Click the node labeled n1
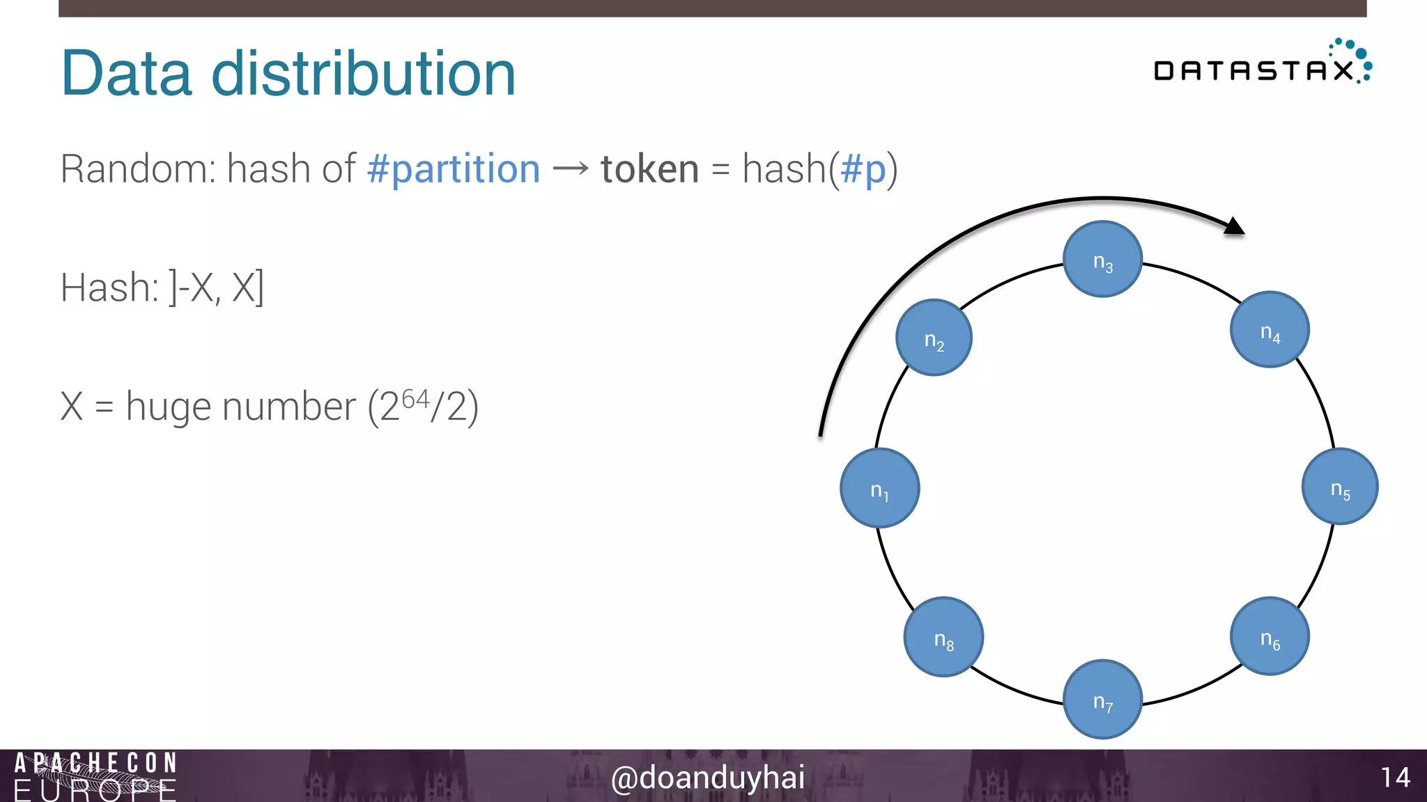pyautogui.click(x=879, y=488)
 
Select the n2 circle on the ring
pyautogui.click(x=934, y=338)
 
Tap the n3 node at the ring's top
pyautogui.click(x=1102, y=259)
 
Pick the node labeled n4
pyautogui.click(x=1270, y=329)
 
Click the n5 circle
pyautogui.click(x=1340, y=487)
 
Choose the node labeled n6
pyautogui.click(x=1270, y=636)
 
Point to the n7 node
pyautogui.click(x=1102, y=699)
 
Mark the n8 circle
pyautogui.click(x=943, y=636)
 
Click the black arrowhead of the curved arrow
pyautogui.click(x=1235, y=226)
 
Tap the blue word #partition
pyautogui.click(x=454, y=169)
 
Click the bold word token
pyautogui.click(x=649, y=169)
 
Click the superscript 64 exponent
pyautogui.click(x=415, y=399)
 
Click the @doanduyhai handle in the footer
pyautogui.click(x=707, y=777)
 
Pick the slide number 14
pyautogui.click(x=1395, y=777)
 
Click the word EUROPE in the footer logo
pyautogui.click(x=95, y=791)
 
